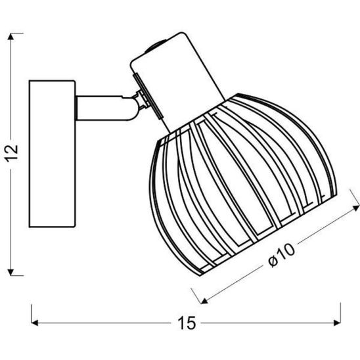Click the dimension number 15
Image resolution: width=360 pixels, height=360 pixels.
[187, 323]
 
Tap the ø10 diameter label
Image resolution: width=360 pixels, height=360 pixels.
[282, 255]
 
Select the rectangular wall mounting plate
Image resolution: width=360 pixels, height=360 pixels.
[52, 154]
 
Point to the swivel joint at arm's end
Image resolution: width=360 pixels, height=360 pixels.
[143, 101]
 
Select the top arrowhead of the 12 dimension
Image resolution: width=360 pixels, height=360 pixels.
[11, 37]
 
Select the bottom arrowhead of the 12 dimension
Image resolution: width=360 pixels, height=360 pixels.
[11, 272]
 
